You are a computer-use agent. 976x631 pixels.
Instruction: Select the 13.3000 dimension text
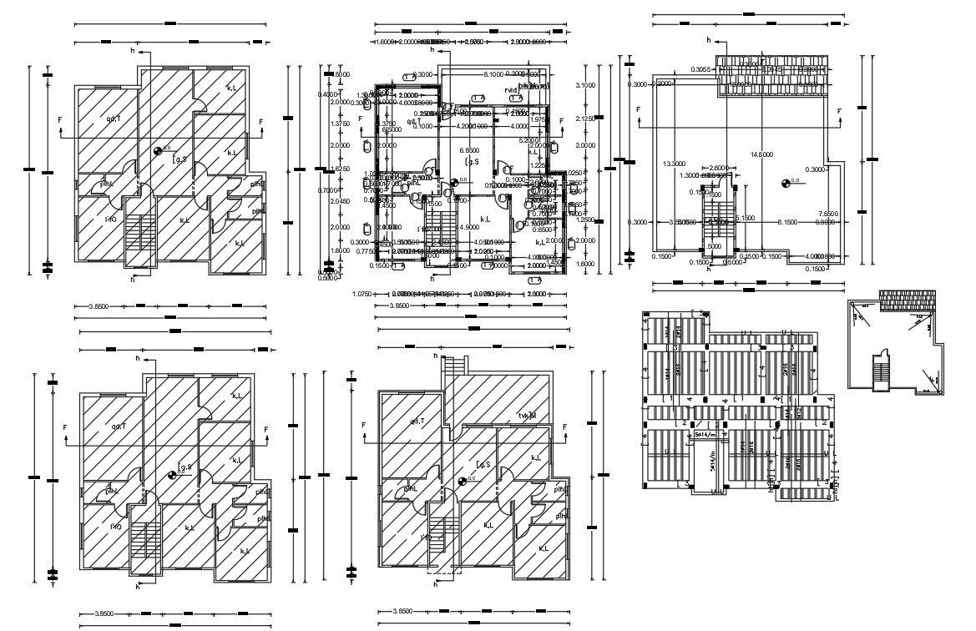[x=674, y=163]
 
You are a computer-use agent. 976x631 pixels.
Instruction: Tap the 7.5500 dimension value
[x=829, y=212]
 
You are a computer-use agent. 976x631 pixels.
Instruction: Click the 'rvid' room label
[x=511, y=89]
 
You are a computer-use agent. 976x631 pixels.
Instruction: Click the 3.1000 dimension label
[x=584, y=85]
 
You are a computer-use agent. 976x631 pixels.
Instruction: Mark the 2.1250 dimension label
[x=584, y=119]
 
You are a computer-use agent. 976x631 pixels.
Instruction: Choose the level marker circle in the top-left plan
[x=158, y=150]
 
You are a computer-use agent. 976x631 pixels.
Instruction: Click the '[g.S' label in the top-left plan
[x=179, y=155]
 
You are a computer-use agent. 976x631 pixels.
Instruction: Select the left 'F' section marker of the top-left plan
[x=60, y=121]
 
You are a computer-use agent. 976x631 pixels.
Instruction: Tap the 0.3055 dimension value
[x=700, y=69]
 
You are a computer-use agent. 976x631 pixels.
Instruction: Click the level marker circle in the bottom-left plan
[x=172, y=474]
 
